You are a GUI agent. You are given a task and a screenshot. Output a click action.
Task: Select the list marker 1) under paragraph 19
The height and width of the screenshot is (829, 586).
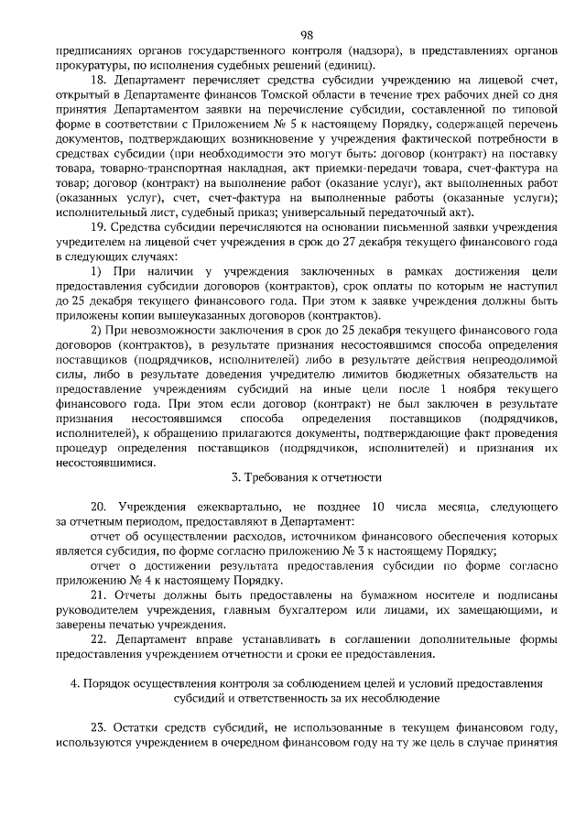(x=97, y=272)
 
